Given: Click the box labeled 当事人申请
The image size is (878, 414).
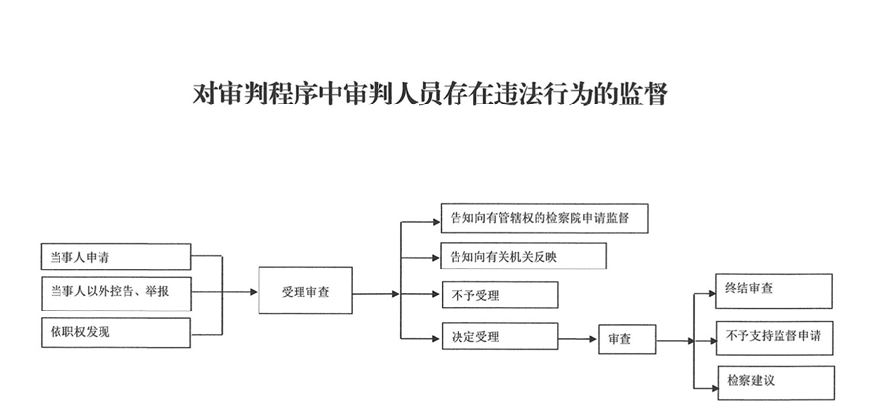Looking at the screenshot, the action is coord(116,257).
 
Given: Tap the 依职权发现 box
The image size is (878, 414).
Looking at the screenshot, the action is coord(116,333).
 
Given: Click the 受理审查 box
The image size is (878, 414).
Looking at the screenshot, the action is coord(305,290).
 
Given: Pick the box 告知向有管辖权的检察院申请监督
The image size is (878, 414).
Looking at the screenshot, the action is coord(544,219).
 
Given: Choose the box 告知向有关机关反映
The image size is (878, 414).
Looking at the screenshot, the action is coord(524,256).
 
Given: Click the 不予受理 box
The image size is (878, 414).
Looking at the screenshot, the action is coord(500,295).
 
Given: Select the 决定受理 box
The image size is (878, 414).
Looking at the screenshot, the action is coord(500,336).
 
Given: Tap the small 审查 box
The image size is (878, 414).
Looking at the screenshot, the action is coord(627,340).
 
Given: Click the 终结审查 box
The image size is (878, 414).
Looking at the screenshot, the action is coord(774,291).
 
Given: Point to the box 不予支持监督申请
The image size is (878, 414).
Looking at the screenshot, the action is coord(775,339).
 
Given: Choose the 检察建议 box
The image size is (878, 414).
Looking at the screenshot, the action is coord(777,383).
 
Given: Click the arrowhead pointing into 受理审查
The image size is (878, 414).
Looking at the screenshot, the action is coord(254,292).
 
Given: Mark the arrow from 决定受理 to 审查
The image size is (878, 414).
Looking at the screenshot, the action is coord(579,339).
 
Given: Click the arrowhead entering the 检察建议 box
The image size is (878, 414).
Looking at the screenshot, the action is coord(713,388).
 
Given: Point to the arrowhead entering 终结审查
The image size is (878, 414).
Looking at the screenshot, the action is coord(711,293).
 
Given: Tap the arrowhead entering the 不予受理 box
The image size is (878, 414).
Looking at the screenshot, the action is coord(437,294).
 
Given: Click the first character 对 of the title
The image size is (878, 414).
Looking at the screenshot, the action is coord(205,94).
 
